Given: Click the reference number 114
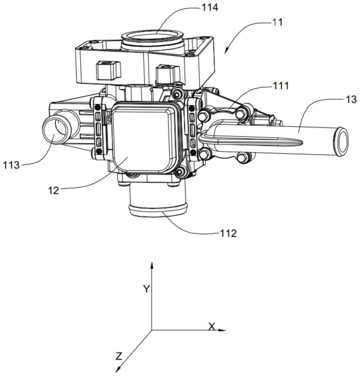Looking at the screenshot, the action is pos(210,8).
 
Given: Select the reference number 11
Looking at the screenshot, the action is pos(277,22).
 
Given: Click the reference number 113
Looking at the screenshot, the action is pos(11,165).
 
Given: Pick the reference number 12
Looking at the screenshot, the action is pos(53,190).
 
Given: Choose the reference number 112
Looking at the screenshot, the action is pos(228,233).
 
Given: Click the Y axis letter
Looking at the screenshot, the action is pos(147,289).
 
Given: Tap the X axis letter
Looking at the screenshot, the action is pos(212,326).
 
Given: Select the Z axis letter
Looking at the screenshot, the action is pos(119,356).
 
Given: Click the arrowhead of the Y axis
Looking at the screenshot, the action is pos(152,265).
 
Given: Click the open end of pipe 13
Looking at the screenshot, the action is pos(340,142).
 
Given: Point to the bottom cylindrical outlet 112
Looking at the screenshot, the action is pos(157,201).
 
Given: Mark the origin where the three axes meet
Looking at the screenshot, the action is pos(152,330).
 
